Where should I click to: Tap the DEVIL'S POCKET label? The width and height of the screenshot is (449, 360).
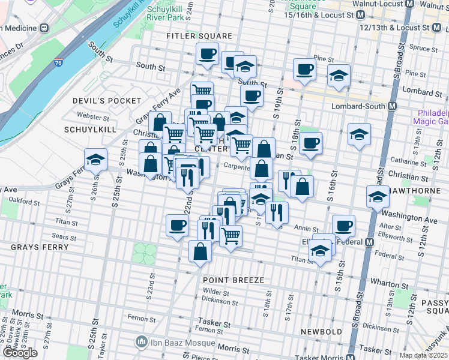(107, 101)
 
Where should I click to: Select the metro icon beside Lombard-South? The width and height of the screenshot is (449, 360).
(393, 106)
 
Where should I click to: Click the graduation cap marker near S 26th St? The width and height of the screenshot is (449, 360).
(95, 160)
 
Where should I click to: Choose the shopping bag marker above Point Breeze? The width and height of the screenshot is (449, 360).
(200, 251)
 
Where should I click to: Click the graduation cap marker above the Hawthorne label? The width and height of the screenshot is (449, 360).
(378, 196)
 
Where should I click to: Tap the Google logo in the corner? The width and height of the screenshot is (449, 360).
(20, 352)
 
